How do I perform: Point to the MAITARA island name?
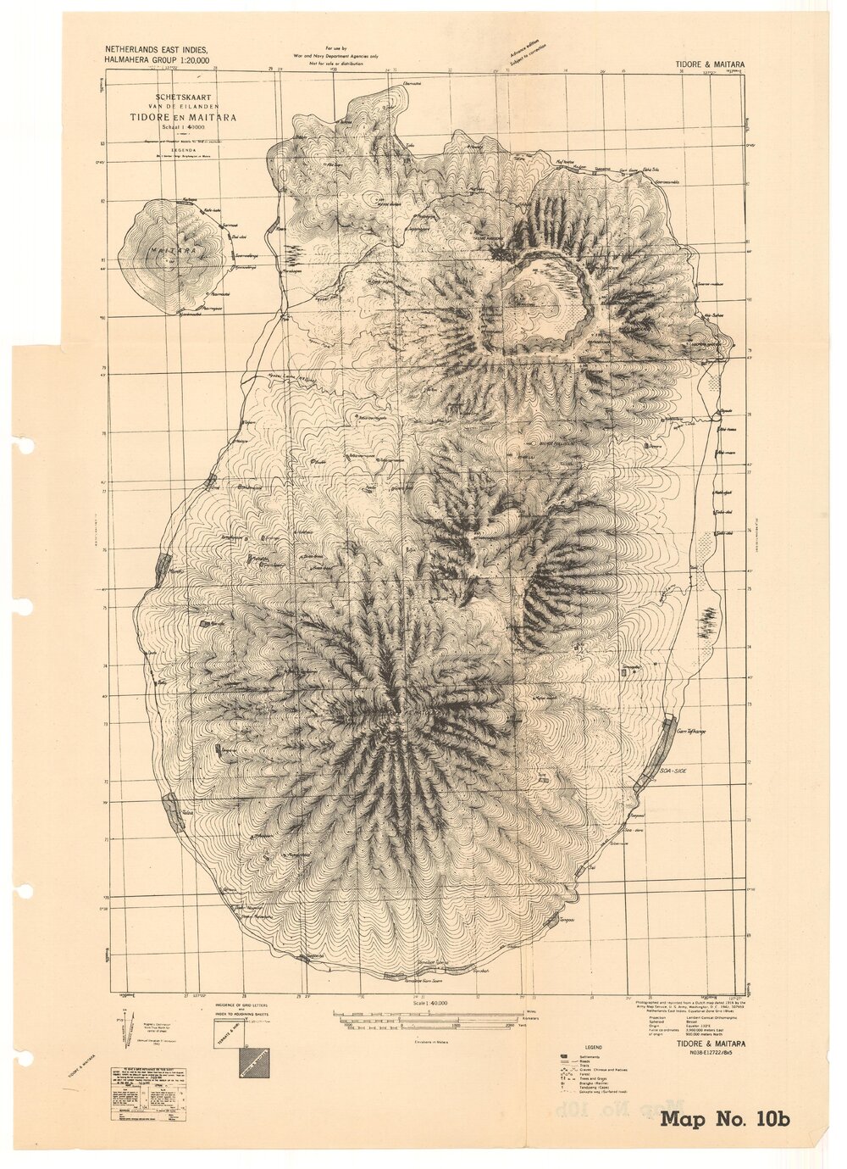pos(168,252)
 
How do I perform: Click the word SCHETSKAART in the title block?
pos(182,97)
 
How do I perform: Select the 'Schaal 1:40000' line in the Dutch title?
pos(182,127)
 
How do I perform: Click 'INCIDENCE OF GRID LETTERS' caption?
pos(242,1002)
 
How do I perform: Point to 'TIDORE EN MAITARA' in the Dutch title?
pos(182,117)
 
